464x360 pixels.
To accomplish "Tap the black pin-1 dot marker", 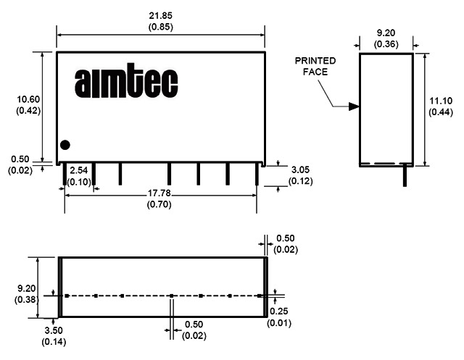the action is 65,145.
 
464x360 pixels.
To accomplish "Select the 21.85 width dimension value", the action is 160,15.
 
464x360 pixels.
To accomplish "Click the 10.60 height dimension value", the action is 28,99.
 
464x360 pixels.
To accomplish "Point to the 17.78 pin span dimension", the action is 159,193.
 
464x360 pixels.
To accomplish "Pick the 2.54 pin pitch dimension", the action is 79,170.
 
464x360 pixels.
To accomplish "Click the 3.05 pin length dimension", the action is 300,169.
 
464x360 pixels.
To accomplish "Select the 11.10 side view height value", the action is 441,101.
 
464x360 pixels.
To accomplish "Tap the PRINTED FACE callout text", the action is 315,66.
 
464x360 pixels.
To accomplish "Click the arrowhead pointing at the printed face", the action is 354,106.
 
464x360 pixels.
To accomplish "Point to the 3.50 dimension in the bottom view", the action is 54,330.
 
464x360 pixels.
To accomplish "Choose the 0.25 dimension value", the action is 278,311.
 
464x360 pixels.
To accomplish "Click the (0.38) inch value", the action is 27,299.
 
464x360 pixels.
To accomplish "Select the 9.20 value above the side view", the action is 386,33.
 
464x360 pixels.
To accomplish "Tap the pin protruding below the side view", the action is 405,176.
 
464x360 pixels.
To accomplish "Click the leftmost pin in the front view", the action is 64,174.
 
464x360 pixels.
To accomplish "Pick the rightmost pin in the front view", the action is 257,174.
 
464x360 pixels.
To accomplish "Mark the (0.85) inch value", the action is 160,27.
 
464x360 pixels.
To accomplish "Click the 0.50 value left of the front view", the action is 20,159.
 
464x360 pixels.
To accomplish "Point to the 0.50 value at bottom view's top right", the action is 286,238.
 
